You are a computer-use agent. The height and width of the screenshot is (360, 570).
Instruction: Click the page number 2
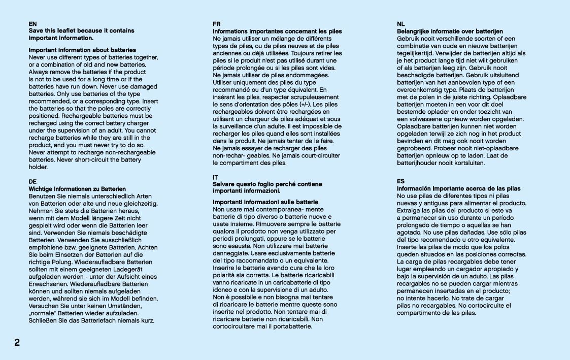pyautogui.click(x=17, y=343)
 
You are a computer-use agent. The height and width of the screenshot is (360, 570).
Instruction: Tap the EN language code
pyautogui.click(x=32, y=24)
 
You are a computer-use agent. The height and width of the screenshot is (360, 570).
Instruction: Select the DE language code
pyautogui.click(x=32, y=181)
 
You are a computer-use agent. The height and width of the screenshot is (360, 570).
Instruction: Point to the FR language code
pyautogui.click(x=216, y=24)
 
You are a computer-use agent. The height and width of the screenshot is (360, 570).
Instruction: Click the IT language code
pyautogui.click(x=215, y=177)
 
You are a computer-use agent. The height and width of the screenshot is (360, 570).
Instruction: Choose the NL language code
pyautogui.click(x=400, y=24)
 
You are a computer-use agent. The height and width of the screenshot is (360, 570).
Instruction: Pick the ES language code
pyautogui.click(x=400, y=181)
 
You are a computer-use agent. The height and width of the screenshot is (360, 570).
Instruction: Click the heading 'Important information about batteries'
pyautogui.click(x=82, y=50)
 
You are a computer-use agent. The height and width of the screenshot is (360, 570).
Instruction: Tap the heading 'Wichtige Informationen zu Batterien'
pyautogui.click(x=77, y=189)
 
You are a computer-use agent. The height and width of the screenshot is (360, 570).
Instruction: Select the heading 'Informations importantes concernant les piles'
pyautogui.click(x=277, y=31)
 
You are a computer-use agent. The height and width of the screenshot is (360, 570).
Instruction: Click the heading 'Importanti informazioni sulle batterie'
pyautogui.click(x=265, y=202)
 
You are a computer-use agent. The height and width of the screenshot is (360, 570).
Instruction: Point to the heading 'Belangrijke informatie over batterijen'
pyautogui.click(x=450, y=31)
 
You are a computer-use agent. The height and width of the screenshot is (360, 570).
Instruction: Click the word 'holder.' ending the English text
pyautogui.click(x=38, y=167)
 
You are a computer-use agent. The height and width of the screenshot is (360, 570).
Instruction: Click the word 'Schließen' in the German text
pyautogui.click(x=42, y=320)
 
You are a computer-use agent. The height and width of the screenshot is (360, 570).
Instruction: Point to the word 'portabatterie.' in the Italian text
pyautogui.click(x=294, y=326)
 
